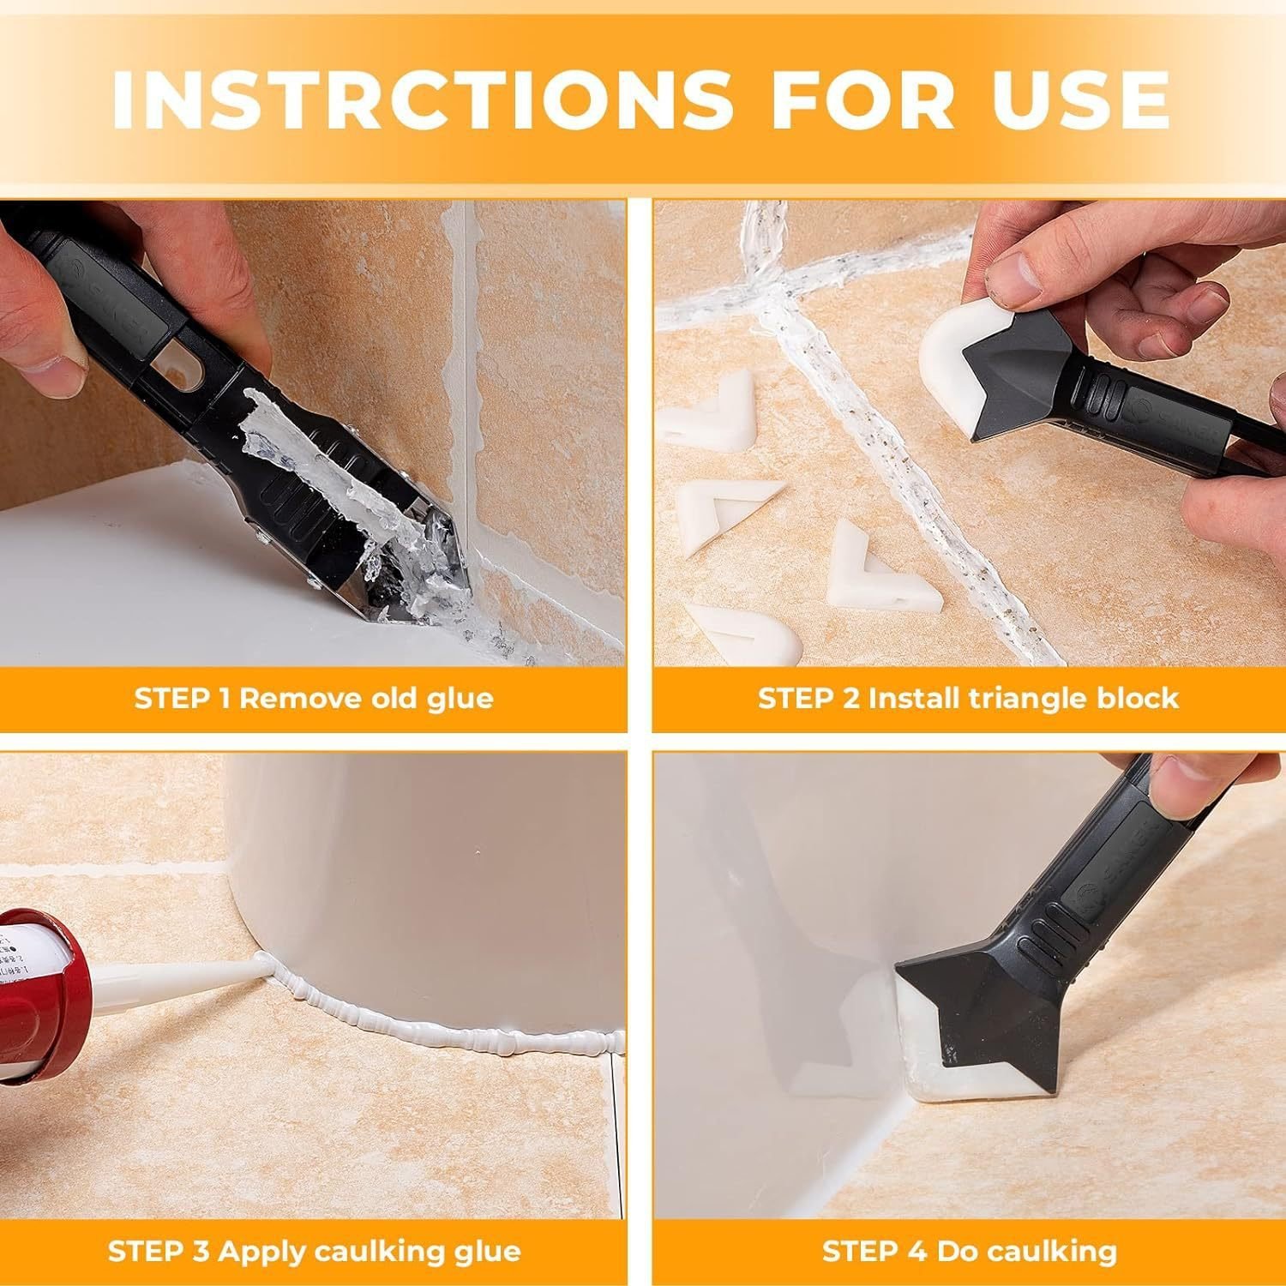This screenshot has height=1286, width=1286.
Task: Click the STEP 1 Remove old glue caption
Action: [314, 698]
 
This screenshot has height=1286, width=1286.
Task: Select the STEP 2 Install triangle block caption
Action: [968, 698]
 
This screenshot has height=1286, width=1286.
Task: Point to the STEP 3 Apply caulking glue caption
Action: [314, 1251]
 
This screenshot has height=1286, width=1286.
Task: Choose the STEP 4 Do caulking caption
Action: [969, 1251]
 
